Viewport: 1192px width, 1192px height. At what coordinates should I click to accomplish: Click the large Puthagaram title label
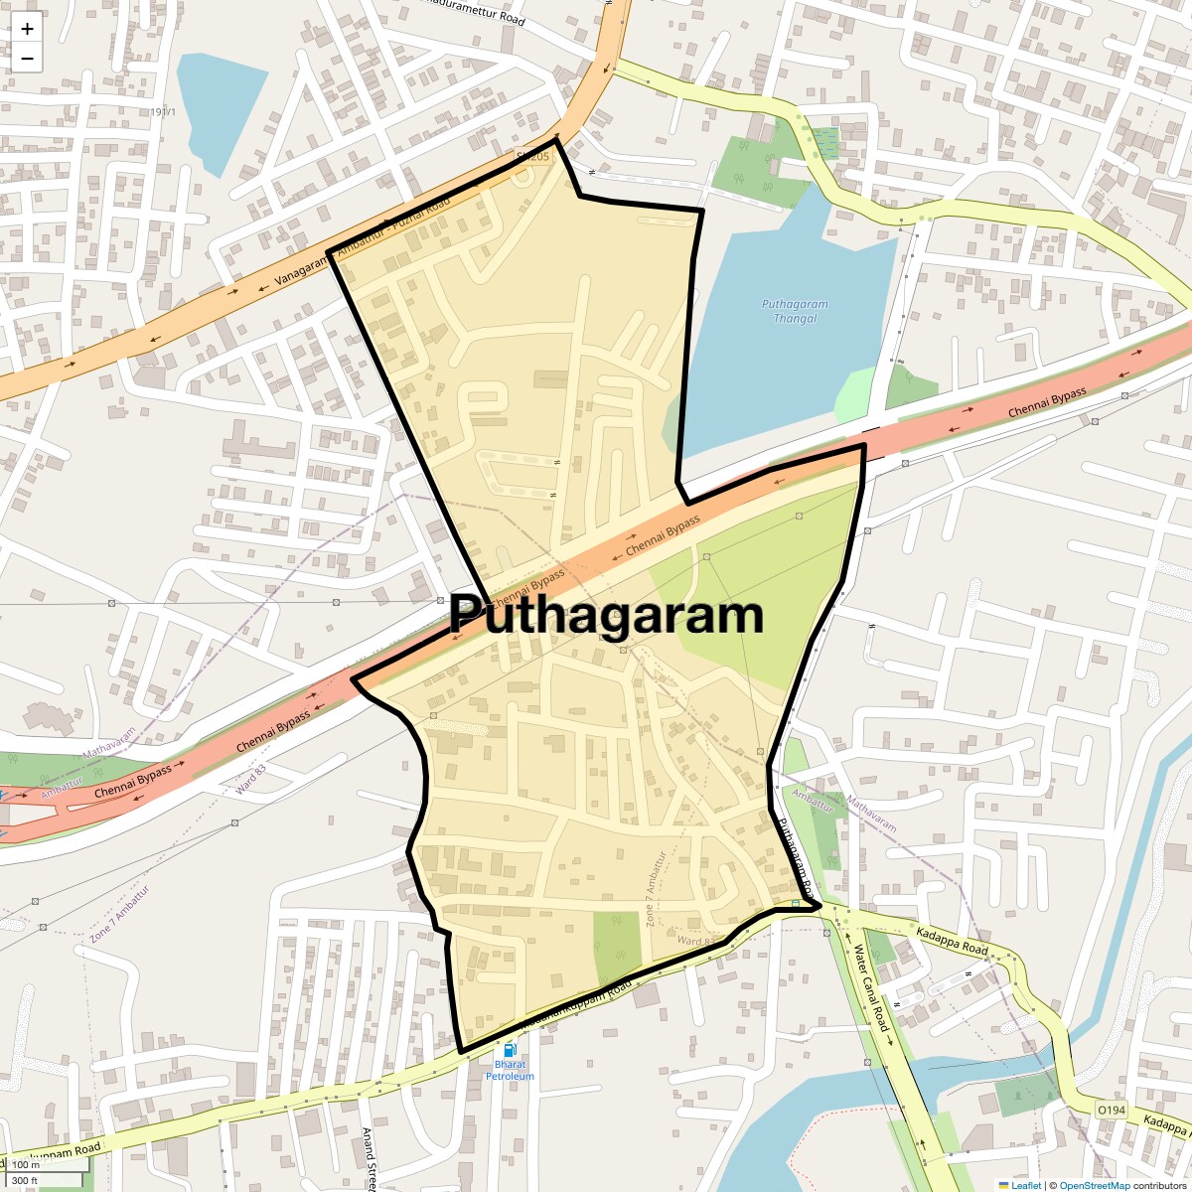click(x=606, y=616)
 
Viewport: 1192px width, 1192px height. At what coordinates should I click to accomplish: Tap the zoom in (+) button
click(x=27, y=29)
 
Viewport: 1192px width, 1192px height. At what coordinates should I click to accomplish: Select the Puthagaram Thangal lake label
click(x=795, y=311)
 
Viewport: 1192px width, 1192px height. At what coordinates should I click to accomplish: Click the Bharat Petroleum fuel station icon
click(x=510, y=1049)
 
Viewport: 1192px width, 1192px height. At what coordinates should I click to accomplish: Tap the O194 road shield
click(x=1111, y=1109)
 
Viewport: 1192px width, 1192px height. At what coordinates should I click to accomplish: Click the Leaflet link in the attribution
click(x=1026, y=1185)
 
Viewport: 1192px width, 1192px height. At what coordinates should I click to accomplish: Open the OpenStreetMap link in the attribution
click(x=1094, y=1185)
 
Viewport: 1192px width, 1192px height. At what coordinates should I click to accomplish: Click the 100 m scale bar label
click(x=26, y=1165)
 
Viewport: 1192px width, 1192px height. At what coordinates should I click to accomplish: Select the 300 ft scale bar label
click(x=25, y=1181)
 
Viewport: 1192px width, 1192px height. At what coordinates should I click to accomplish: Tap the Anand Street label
click(x=368, y=1158)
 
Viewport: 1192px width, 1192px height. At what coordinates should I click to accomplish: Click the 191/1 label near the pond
click(x=164, y=112)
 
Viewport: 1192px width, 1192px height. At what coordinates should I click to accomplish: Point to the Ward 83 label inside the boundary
click(x=696, y=940)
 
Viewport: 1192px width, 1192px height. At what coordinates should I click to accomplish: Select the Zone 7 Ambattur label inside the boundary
click(x=656, y=889)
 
